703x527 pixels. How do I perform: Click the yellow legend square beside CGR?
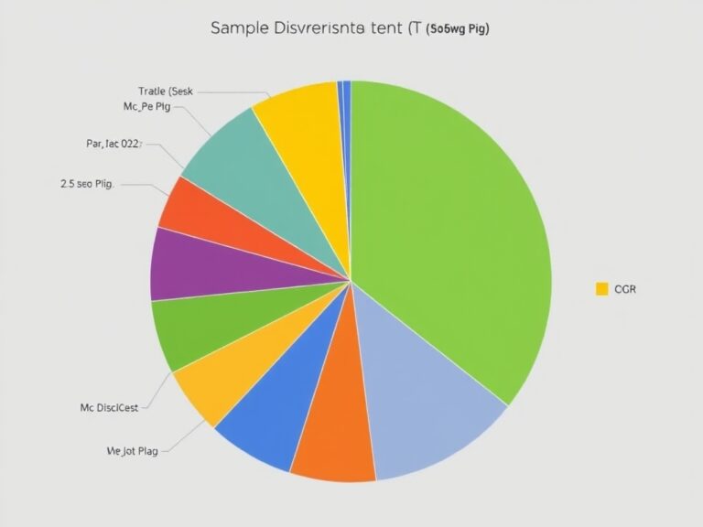[601, 289]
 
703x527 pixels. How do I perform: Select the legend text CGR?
[626, 289]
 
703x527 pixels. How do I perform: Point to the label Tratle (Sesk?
[167, 91]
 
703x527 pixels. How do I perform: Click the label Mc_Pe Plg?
[146, 106]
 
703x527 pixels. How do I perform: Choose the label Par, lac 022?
[114, 144]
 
